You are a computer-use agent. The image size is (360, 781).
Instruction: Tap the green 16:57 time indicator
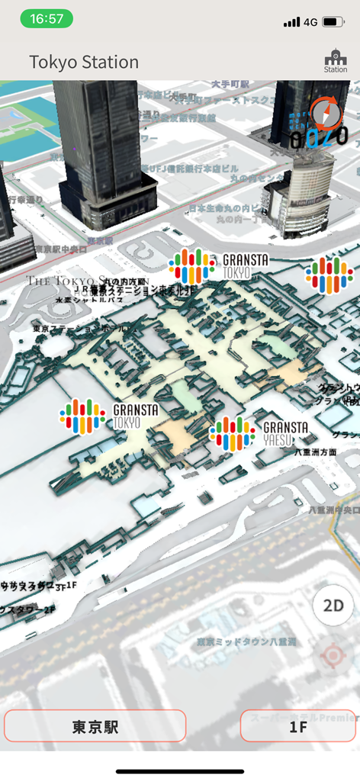pos(47,19)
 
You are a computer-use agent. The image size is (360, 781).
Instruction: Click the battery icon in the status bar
pos(333,22)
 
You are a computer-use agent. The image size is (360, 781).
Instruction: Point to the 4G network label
pos(310,22)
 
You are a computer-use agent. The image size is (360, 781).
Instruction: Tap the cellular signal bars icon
pos(291,22)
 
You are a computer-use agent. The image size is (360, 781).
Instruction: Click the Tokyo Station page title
pos(84,62)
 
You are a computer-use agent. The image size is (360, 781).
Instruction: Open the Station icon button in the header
pos(335,61)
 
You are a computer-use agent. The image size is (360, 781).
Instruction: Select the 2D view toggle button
pos(333,606)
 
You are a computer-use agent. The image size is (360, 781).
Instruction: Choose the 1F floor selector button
pos(299,726)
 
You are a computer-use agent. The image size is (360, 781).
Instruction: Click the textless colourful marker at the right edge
pos(329,275)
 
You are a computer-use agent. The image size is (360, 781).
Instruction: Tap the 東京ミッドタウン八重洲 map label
pos(246,642)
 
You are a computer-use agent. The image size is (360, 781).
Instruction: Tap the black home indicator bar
pos(180,771)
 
